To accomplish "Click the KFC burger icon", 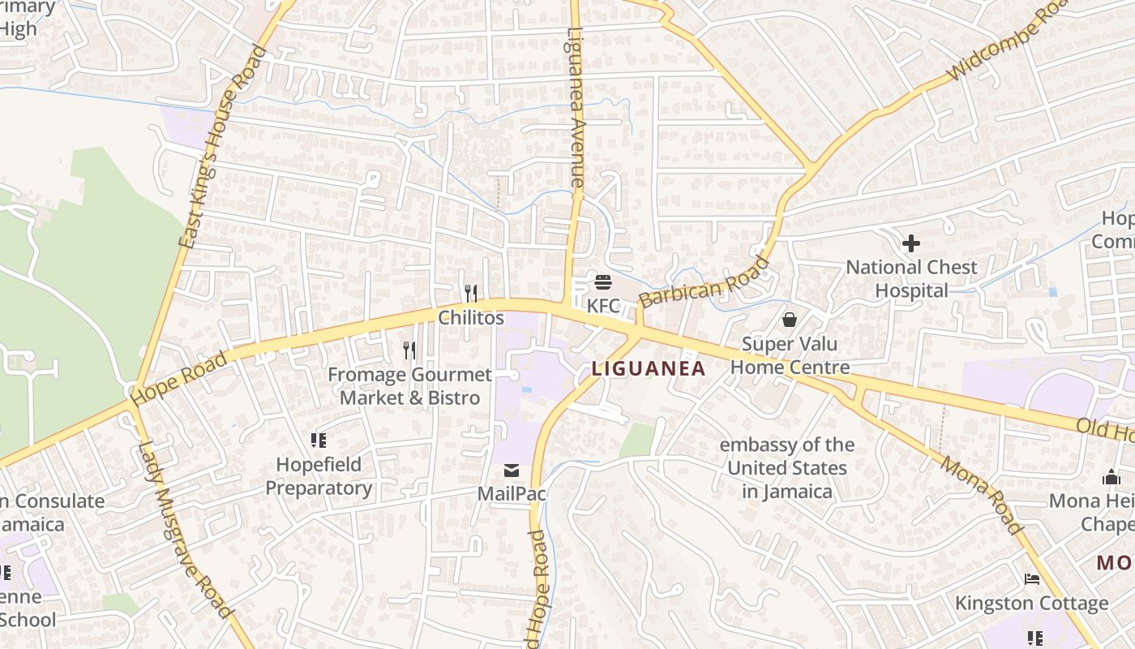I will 603,282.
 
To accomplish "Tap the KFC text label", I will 603,306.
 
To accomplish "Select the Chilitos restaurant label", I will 471,317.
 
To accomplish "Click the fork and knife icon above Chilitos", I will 471,293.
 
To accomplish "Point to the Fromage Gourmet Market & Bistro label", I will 409,386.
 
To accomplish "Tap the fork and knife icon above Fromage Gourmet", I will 409,350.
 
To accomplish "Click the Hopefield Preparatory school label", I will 319,476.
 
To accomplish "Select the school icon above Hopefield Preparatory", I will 319,441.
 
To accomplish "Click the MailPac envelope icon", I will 512,471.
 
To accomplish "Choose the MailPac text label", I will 512,493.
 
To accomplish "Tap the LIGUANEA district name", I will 649,368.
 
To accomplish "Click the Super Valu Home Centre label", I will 790,355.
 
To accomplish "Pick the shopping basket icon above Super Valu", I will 790,320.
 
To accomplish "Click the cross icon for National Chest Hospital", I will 911,243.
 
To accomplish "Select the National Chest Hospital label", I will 911,278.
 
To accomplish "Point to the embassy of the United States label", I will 786,468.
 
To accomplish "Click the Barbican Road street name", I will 704,282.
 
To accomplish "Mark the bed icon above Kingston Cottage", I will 1032,579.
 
